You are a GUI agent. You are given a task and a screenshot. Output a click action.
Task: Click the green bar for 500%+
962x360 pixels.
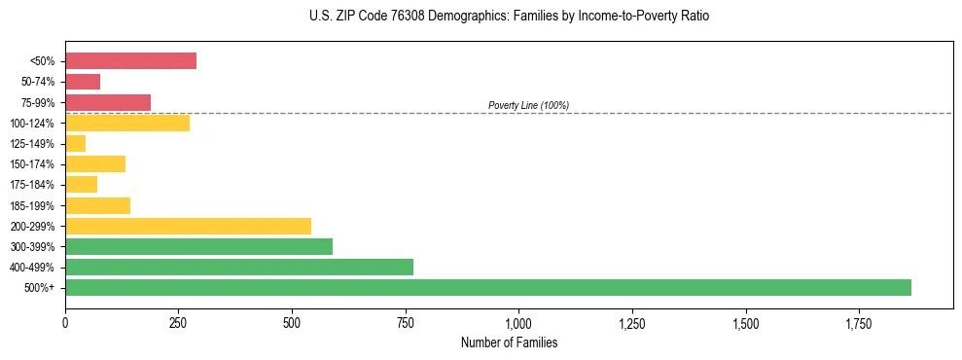tap(487, 287)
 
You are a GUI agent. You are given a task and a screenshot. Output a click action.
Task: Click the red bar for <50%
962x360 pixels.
tap(130, 61)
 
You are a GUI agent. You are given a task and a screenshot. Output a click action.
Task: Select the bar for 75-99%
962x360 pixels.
tap(108, 102)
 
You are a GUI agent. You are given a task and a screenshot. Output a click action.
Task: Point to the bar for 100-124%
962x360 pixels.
tap(127, 123)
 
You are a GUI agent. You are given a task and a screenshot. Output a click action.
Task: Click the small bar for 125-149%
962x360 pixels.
tap(75, 144)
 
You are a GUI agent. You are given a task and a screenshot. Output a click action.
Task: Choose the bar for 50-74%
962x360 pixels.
tap(83, 82)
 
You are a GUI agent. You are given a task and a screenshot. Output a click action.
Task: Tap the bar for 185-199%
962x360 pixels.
tap(97, 205)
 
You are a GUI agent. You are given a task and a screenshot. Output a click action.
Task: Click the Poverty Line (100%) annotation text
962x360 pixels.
tap(528, 105)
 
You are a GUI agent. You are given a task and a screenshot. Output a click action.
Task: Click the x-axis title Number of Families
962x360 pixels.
tap(509, 342)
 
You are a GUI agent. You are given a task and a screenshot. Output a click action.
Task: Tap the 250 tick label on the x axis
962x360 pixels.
tap(178, 323)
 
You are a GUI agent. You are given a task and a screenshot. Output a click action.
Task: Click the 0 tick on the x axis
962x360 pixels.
tap(65, 323)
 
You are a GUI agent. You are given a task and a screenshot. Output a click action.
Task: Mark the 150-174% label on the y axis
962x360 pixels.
tap(33, 164)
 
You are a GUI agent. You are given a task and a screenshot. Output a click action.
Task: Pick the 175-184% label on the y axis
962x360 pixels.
tap(33, 185)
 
